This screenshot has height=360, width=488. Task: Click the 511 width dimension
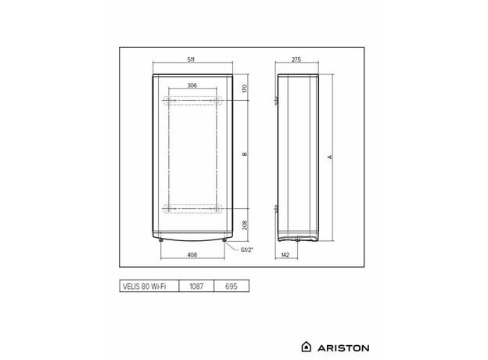[192, 59]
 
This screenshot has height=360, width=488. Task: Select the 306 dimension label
[192, 85]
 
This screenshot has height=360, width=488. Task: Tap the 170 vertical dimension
[245, 88]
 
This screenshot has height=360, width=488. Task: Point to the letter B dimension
[245, 154]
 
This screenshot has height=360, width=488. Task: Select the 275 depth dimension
[296, 59]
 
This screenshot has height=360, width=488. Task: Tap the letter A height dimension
[331, 157]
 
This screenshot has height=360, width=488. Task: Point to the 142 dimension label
[287, 255]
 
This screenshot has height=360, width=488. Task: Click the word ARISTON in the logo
[343, 345]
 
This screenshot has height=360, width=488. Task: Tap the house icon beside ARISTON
[307, 345]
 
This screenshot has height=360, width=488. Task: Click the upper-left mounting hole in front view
[165, 102]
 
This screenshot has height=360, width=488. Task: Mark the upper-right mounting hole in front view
[218, 102]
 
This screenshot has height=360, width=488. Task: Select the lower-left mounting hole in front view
[165, 208]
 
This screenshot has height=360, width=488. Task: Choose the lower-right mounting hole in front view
[218, 208]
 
